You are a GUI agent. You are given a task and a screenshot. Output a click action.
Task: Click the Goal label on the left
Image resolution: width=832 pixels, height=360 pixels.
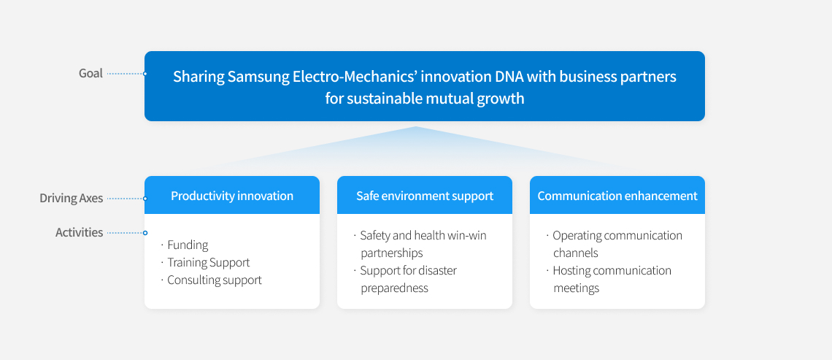90,73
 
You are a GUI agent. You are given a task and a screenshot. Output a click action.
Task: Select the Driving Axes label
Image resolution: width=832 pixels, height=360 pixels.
71,199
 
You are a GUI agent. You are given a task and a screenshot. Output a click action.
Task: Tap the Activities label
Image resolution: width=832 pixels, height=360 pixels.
79,232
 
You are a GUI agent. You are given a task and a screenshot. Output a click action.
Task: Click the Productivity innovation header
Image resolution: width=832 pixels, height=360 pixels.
232,196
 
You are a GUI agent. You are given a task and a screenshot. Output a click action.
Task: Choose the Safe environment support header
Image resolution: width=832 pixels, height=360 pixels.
425,196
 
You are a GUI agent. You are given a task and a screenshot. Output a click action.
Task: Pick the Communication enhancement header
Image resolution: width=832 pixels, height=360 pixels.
617,196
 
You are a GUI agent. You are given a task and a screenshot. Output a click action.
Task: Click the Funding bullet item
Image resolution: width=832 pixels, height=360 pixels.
188,245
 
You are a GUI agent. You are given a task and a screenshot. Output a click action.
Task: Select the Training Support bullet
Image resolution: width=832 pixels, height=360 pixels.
209,262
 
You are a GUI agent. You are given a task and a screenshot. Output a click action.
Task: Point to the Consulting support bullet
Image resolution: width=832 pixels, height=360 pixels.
215,280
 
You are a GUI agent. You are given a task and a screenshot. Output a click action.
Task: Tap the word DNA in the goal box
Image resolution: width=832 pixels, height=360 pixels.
509,77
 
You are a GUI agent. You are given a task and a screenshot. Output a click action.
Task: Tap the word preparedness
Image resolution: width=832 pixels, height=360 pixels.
394,288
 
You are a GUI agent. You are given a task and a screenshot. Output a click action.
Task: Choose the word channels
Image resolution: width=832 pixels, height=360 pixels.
576,253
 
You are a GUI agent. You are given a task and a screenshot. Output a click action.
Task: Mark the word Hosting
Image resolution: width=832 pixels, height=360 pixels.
571,271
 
